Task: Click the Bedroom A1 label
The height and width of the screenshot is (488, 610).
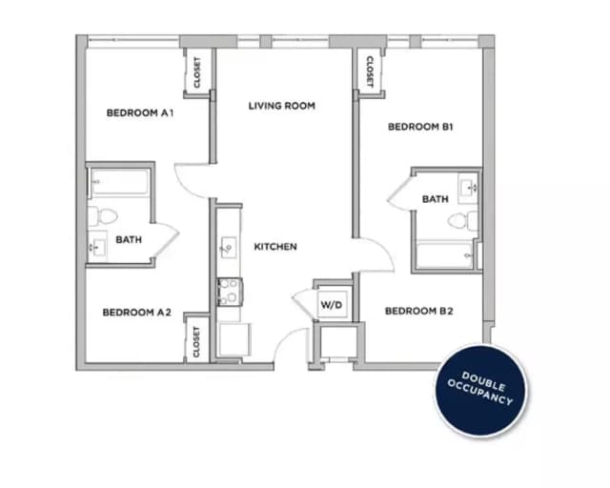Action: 139,112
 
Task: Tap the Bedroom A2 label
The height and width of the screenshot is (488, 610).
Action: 136,312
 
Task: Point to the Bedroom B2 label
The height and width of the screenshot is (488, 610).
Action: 418,311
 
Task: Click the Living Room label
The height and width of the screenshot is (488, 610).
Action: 281,106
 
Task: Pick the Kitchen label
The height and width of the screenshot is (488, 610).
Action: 275,247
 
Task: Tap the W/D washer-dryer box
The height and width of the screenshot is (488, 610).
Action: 331,305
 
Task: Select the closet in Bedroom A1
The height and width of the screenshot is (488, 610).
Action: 196,71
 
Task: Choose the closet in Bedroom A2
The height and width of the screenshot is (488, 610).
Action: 196,340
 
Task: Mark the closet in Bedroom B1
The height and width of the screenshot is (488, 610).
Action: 367,70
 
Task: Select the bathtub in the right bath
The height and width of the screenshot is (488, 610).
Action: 445,255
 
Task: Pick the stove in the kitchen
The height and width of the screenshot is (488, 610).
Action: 228,290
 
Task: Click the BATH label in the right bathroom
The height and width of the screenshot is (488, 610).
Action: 436,199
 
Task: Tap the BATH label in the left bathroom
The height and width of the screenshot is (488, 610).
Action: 129,239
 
